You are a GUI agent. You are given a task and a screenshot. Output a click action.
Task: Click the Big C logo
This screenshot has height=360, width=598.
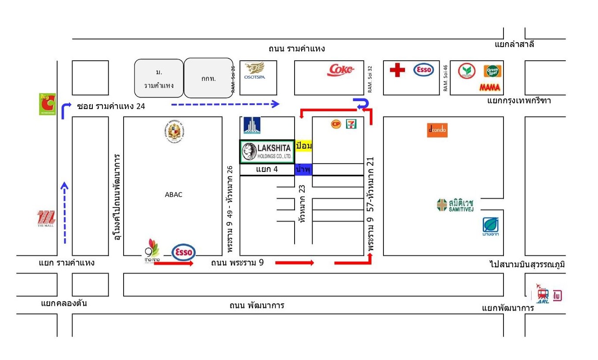47,104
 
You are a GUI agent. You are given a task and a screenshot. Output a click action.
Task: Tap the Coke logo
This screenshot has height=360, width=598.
341,70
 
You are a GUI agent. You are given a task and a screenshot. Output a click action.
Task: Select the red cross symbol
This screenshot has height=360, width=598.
397,70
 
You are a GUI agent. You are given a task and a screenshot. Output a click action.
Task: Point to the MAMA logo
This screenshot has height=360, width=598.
490,87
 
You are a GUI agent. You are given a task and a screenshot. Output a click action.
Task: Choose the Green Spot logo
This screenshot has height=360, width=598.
493,71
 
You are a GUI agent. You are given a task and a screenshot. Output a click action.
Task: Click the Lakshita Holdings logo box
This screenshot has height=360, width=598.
267,152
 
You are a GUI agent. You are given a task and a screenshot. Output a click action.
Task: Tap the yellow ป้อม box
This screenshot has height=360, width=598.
303,145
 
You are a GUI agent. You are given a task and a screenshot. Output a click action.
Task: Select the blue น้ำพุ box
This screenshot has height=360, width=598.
303,169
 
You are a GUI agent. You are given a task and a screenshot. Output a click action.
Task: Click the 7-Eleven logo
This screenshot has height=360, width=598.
351,124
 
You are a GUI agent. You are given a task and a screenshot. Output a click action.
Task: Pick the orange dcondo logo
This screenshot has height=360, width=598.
437,130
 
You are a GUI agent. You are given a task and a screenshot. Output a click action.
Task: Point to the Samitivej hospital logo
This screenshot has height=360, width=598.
455,205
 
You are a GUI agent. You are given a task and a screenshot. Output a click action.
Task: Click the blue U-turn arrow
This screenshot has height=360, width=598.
363,104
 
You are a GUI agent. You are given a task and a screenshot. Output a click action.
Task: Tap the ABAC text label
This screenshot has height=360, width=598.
174,195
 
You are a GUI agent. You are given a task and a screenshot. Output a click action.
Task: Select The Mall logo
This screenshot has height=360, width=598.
46,219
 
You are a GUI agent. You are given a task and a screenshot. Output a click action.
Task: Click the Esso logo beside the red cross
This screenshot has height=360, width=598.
423,70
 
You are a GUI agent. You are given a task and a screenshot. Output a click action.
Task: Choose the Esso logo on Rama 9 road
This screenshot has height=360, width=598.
183,253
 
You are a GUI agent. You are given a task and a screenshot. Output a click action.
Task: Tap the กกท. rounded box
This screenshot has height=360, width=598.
208,78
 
